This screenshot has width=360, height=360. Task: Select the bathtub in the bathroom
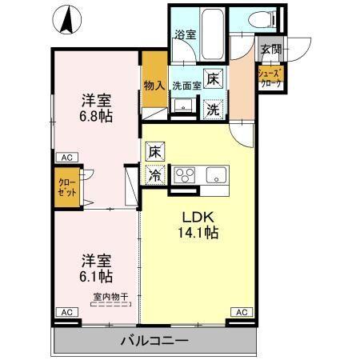[x=210, y=33]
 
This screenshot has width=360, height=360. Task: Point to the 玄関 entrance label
[x=270, y=50]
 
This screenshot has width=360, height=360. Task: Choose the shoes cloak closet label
[x=267, y=78]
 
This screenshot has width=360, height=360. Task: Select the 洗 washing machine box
[x=214, y=108]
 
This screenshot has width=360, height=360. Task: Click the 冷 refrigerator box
[x=154, y=174]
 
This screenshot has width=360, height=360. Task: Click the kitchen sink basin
[x=217, y=175]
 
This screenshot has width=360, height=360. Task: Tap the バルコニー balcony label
[x=154, y=341]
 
